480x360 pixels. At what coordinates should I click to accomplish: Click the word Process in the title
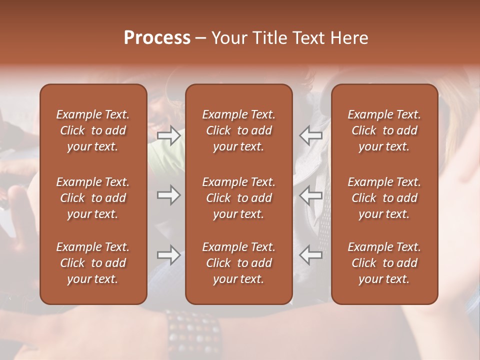[x=157, y=38]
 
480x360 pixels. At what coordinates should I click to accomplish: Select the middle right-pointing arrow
[x=169, y=195]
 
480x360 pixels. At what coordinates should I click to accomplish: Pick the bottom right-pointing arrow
[x=169, y=255]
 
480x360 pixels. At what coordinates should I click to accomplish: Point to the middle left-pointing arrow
[x=310, y=195]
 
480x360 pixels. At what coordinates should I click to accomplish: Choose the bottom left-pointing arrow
[x=310, y=255]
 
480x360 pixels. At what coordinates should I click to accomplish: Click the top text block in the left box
[x=93, y=130]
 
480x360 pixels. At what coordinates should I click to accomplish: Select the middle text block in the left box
[x=93, y=198]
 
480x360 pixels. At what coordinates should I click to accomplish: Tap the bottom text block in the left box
[x=93, y=263]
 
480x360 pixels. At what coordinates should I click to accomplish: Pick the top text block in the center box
[x=238, y=130]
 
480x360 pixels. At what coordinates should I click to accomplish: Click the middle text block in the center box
[x=238, y=198]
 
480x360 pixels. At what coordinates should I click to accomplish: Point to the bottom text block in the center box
[x=238, y=263]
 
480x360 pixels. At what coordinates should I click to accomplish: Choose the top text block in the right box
[x=384, y=130]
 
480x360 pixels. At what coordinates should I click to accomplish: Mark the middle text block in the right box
[x=384, y=198]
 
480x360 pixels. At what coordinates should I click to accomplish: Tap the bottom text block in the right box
[x=384, y=263]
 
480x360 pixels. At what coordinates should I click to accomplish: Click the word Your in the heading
[x=229, y=38]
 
